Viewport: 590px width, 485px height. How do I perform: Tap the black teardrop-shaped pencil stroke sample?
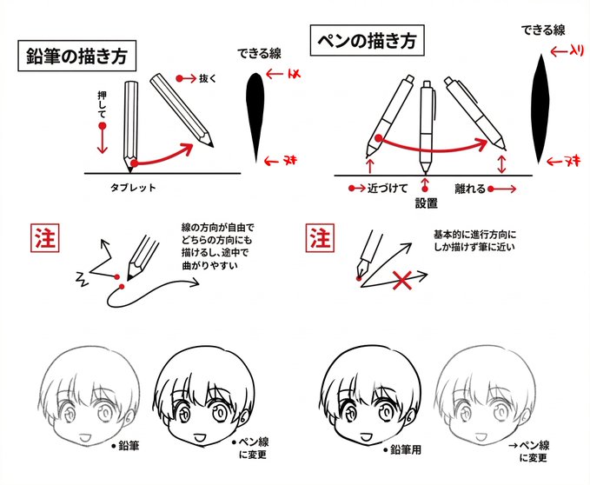point(255,113)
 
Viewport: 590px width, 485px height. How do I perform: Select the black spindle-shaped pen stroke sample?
point(540,108)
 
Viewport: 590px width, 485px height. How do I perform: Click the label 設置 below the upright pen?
point(426,203)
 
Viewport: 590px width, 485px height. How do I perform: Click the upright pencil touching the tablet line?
point(132,122)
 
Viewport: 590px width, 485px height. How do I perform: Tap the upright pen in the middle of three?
point(426,126)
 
